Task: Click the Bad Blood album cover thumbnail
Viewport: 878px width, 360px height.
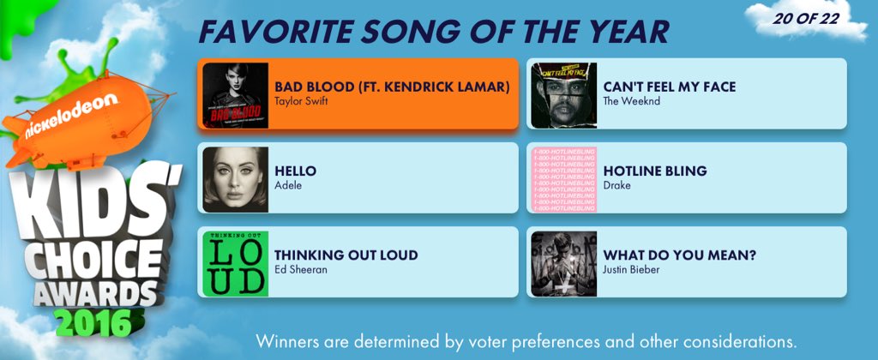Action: click(235, 95)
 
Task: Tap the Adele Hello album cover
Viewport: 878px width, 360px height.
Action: click(235, 179)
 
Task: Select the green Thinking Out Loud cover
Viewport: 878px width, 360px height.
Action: click(235, 263)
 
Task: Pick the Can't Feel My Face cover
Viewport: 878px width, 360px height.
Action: click(563, 95)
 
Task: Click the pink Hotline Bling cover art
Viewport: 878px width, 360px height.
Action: click(563, 179)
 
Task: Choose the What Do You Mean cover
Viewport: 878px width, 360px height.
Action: click(563, 263)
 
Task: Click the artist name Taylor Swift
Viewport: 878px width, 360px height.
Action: click(301, 101)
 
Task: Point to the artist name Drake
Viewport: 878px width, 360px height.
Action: click(617, 185)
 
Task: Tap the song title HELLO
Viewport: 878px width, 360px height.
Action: click(295, 171)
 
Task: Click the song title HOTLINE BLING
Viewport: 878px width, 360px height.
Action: click(655, 171)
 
